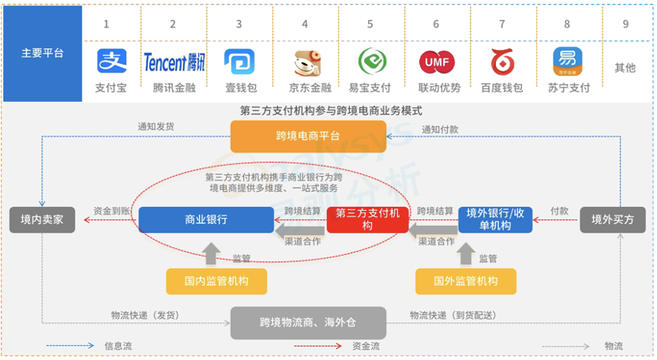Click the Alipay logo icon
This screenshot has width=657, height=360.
coord(111,61)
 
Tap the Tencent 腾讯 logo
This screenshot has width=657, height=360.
coord(175,62)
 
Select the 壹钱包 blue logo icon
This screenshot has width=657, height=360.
coord(239,61)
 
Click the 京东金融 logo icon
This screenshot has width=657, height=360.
coord(305,62)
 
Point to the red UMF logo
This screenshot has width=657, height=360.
coord(437,61)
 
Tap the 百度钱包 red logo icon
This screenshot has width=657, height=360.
coord(501,61)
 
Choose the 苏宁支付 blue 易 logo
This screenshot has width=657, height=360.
coord(568,61)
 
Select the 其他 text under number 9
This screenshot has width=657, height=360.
coord(625,68)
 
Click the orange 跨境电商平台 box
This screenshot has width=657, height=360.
coord(307,136)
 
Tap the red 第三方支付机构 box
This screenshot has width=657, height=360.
coord(366,219)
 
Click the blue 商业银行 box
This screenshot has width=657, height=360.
coord(206,219)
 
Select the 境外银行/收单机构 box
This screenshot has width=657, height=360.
coord(495,219)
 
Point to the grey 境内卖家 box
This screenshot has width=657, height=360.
coord(42,219)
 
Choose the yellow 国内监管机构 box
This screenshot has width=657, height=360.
coord(216,281)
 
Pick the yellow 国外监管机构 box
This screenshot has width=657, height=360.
coord(466,281)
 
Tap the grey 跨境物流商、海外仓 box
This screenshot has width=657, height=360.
coord(308,322)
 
